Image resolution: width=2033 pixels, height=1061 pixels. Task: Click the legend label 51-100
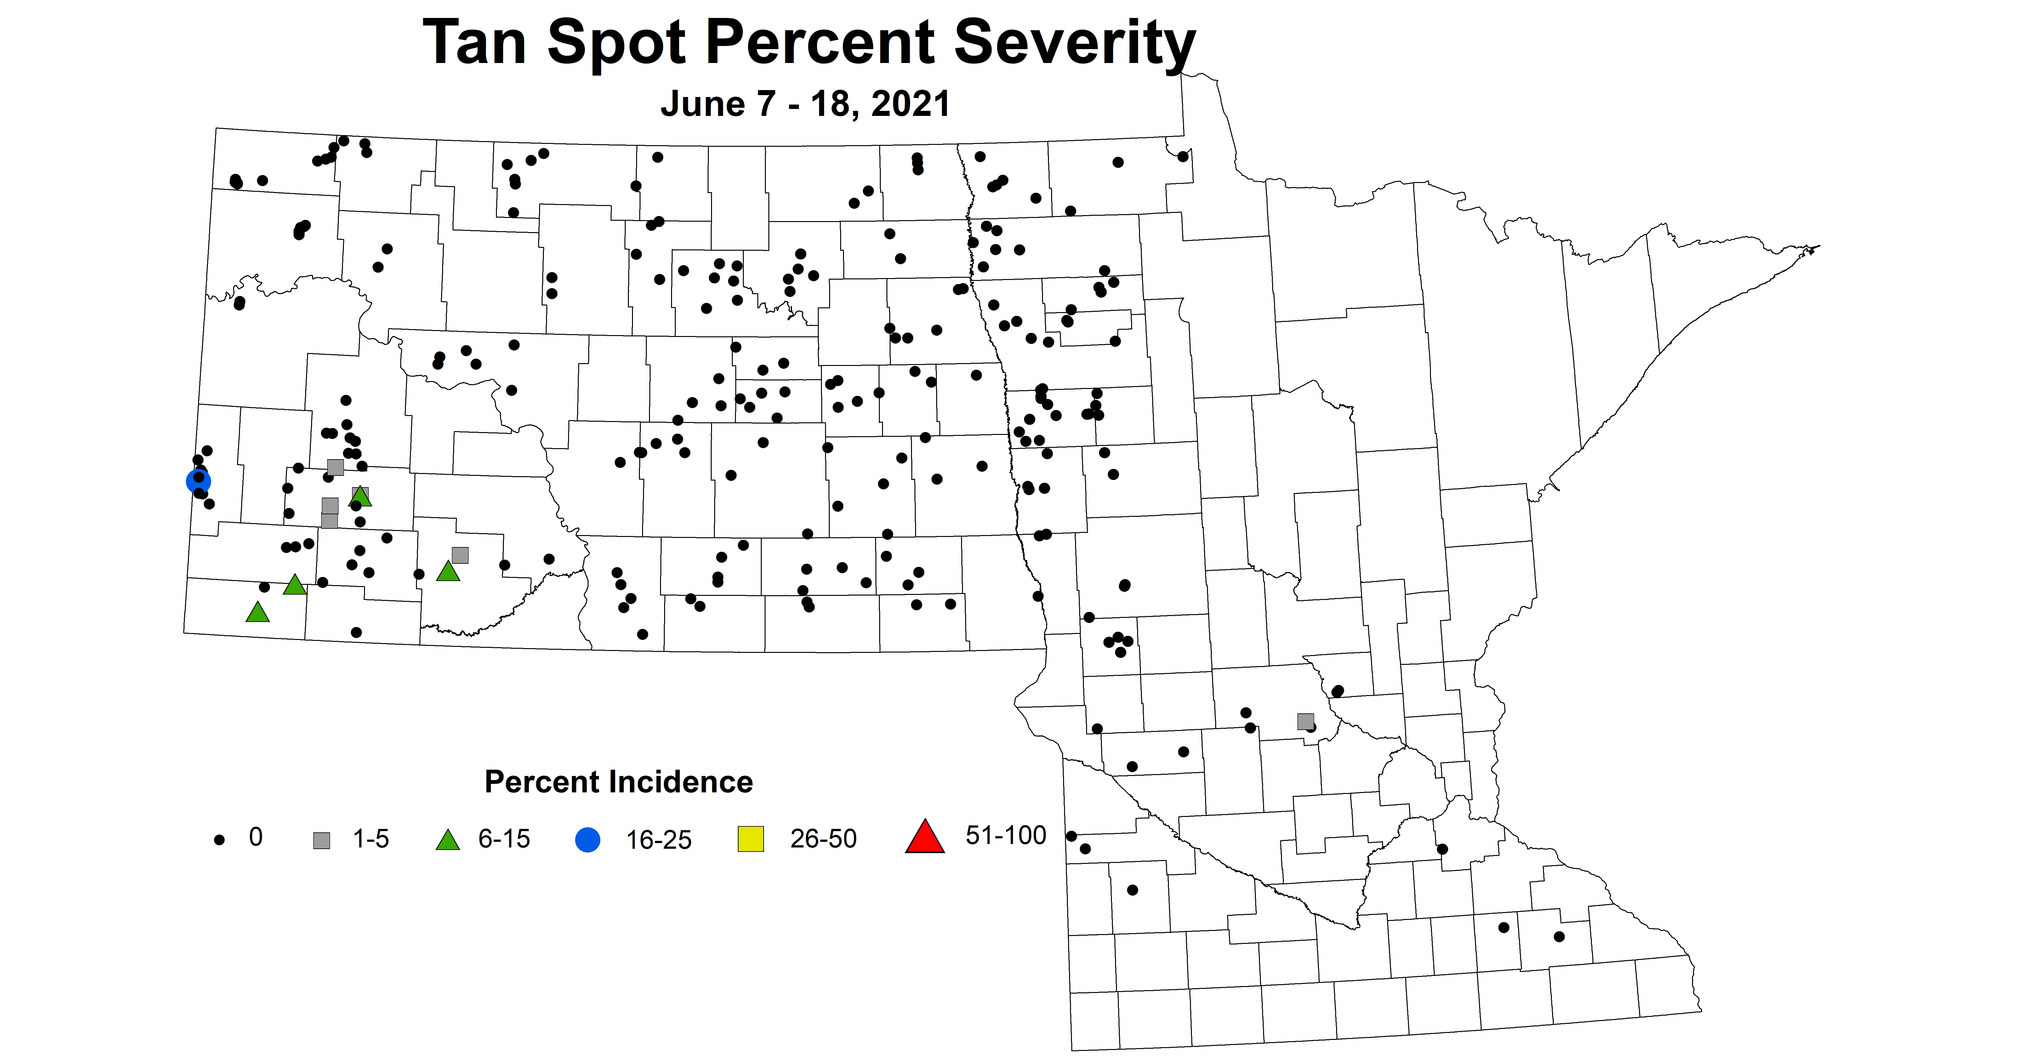1005,835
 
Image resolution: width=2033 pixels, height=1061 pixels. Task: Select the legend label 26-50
823,838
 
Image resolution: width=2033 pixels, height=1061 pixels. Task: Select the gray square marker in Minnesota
1305,721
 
